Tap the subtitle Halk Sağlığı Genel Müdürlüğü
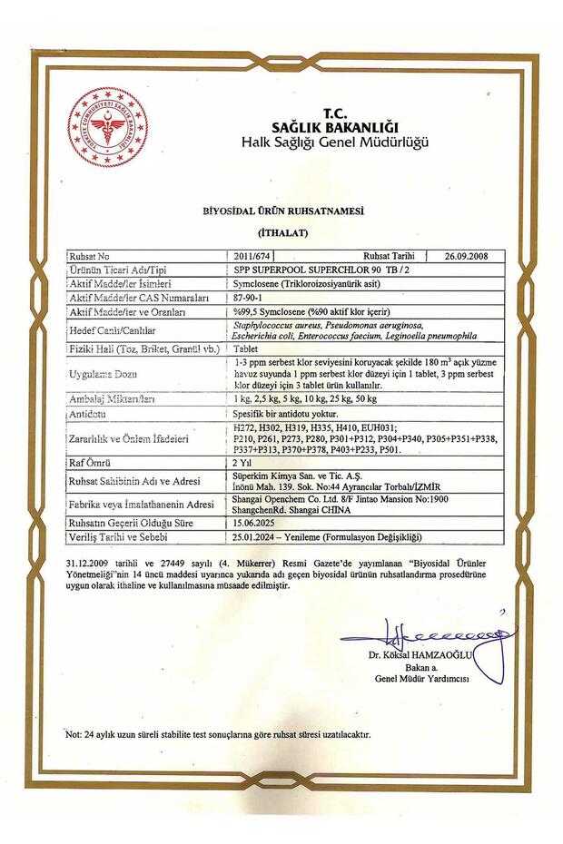(x=334, y=142)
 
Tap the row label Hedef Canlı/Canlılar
(x=110, y=330)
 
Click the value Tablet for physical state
(x=247, y=348)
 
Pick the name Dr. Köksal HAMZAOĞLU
(x=421, y=655)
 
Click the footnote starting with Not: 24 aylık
(x=218, y=733)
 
